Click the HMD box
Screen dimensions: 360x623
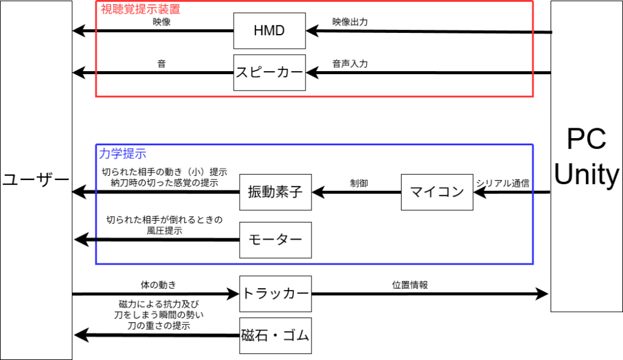(270, 30)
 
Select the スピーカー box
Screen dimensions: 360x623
(270, 73)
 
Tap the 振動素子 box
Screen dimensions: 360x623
(275, 192)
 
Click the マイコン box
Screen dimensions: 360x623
(437, 192)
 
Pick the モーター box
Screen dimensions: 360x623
(275, 240)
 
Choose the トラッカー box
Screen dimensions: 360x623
(275, 294)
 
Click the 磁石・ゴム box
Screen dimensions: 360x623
(275, 336)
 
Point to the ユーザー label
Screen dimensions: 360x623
(36, 181)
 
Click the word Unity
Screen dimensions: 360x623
(586, 175)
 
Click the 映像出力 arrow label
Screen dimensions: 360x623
(350, 22)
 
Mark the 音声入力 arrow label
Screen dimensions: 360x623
(350, 63)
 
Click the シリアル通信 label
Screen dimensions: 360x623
(503, 182)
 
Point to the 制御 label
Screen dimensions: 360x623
(359, 182)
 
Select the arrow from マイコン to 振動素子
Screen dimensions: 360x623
(357, 193)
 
